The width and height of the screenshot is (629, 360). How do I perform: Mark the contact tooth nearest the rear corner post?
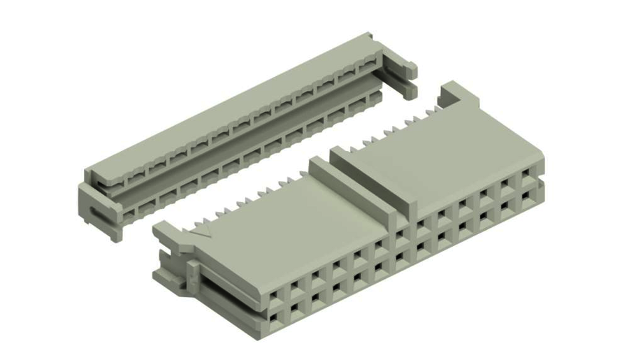(x=428, y=111)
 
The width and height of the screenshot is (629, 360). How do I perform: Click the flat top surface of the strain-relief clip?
(x=231, y=105)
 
